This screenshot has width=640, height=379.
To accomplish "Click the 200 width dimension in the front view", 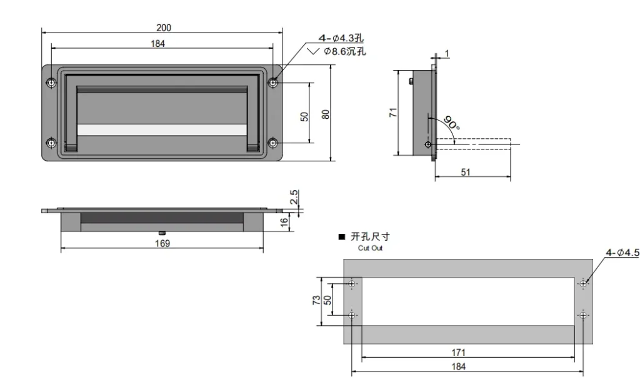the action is point(164,28).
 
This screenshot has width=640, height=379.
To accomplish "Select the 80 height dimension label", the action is point(325,114).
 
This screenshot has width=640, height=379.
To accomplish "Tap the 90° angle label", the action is point(452,123).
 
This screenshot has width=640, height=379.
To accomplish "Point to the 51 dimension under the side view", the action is point(466,172).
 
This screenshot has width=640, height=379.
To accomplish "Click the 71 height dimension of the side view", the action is point(393,113).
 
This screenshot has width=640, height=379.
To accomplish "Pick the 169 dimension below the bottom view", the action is point(162,243).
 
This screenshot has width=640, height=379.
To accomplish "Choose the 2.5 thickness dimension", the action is point(294,197).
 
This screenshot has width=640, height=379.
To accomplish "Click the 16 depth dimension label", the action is point(284,222).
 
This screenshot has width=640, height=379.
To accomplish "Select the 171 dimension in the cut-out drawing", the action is point(458,352).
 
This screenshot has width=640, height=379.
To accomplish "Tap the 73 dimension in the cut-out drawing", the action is point(316,301).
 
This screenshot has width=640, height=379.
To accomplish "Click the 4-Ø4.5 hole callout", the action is point(622,253).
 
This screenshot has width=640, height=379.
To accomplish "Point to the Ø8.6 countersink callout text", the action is point(345,51).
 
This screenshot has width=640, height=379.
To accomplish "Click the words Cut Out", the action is point(370,248).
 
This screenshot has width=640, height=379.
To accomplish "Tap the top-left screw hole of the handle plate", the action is point(51,83).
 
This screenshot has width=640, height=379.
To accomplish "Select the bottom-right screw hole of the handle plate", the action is point(273,143).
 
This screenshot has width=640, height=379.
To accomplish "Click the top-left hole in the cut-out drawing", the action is point(352,284).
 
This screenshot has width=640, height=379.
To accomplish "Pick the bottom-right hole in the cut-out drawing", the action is point(583,315).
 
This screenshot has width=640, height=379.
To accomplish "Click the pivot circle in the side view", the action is point(427,144).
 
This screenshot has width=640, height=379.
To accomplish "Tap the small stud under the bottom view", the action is point(162,233).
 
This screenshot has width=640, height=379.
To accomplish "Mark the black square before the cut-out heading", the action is point(342,237).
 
